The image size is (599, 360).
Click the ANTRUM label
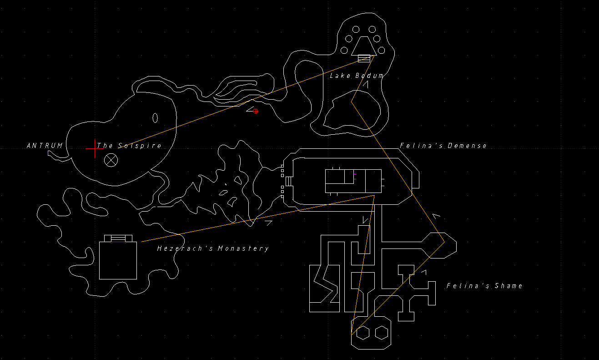pos(45,146)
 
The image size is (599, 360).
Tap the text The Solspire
pos(129,146)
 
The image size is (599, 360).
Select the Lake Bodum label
pos(356,76)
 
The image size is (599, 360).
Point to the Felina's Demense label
pos(443,146)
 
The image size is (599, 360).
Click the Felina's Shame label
pos(484,286)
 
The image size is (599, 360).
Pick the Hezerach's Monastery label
pos(213,248)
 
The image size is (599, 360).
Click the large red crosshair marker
pos(95,148)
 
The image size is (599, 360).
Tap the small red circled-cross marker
pos(256,111)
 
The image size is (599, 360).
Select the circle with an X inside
pos(111,160)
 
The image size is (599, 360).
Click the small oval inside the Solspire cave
pos(155,118)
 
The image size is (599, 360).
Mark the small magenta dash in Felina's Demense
pos(355,174)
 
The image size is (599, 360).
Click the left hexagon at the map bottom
pos(362,333)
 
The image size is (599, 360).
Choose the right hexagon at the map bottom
pos(381,333)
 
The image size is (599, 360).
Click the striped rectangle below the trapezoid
pos(364,59)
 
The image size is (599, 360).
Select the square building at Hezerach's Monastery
pos(118,260)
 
